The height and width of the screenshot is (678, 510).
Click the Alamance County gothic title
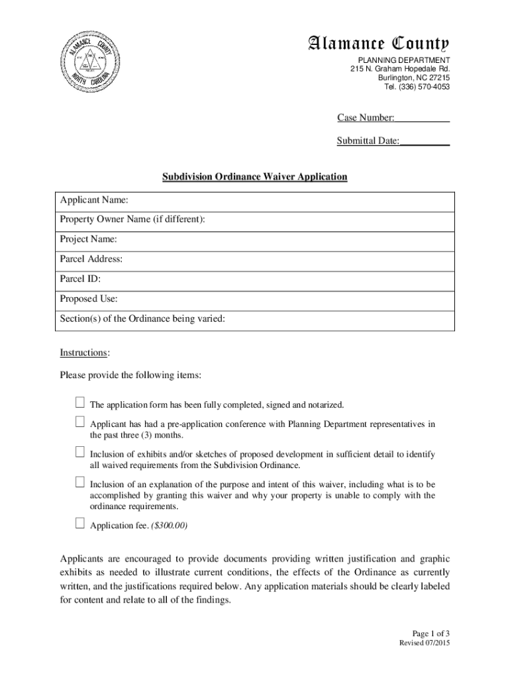tap(378, 45)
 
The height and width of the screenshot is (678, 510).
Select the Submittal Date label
tap(368, 141)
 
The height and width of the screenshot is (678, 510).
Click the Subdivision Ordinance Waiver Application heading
tap(255, 177)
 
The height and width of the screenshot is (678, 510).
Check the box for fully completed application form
tap(79, 403)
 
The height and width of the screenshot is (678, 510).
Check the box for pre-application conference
tap(79, 422)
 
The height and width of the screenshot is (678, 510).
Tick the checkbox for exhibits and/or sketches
tap(79, 452)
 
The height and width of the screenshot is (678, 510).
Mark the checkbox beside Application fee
tap(79, 524)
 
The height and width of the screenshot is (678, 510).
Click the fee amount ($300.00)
tap(170, 526)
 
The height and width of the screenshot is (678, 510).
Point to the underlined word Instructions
tap(84, 352)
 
